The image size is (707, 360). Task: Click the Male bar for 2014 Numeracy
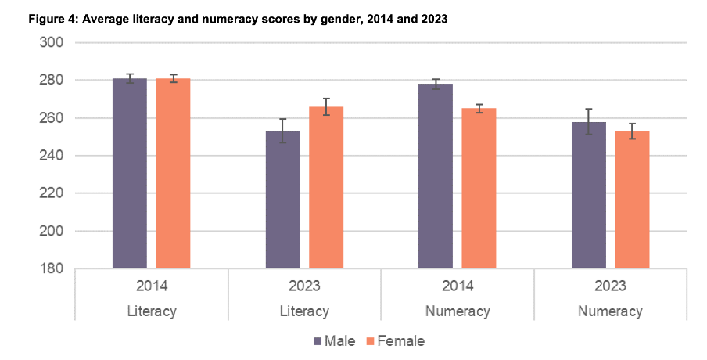coord(436,177)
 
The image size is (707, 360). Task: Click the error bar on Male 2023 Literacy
coord(282,130)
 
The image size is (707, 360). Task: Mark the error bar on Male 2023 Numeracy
coord(589,121)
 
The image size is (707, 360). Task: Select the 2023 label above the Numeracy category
coord(611,285)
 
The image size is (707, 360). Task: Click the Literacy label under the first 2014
coord(152,311)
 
